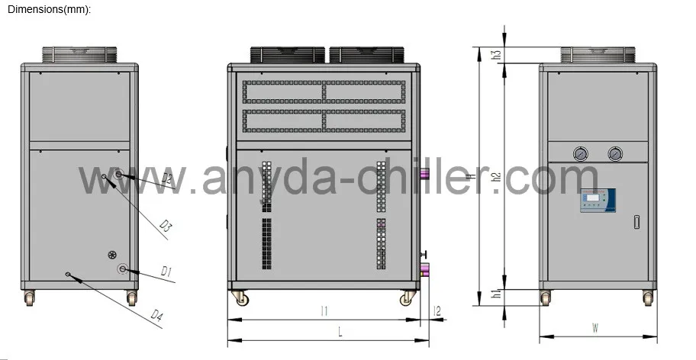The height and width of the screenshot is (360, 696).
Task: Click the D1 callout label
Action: pyautogui.click(x=166, y=272)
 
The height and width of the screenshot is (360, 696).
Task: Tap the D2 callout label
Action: pyautogui.click(x=166, y=179)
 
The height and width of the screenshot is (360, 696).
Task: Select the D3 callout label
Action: pyautogui.click(x=166, y=226)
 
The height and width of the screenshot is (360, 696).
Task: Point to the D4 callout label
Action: pyautogui.click(x=157, y=314)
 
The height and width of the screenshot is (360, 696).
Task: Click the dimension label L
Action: pyautogui.click(x=340, y=331)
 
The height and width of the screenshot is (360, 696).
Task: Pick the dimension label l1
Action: pyautogui.click(x=324, y=310)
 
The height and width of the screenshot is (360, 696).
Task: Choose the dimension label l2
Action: pyautogui.click(x=437, y=310)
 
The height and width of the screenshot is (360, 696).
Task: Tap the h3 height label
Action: pyautogui.click(x=496, y=55)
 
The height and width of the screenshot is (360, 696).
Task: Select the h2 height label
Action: pyautogui.click(x=496, y=177)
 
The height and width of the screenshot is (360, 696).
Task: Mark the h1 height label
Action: pyautogui.click(x=496, y=294)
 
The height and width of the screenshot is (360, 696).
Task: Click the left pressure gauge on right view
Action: pyautogui.click(x=582, y=153)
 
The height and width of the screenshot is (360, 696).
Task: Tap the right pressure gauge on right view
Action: pyautogui.click(x=614, y=153)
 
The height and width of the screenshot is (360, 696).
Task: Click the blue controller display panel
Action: pyautogui.click(x=597, y=200)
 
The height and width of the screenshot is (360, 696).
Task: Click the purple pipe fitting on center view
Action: pyautogui.click(x=425, y=268)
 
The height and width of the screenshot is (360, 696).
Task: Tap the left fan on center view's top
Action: pyautogui.click(x=288, y=55)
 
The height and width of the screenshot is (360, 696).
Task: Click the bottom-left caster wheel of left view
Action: pyautogui.click(x=30, y=298)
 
